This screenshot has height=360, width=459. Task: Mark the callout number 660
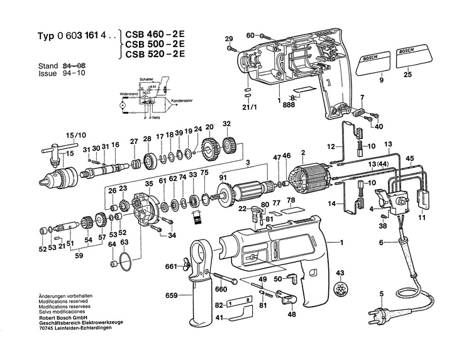tap(220, 290)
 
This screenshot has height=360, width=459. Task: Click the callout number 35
tap(148, 183)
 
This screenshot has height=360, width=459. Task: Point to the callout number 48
tap(291, 315)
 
